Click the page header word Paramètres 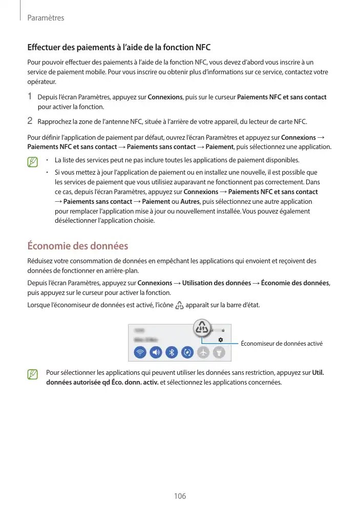(46, 18)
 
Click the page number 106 (180, 496)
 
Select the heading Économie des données (77, 246)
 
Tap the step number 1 (30, 97)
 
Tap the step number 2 (30, 121)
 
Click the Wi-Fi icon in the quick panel (140, 352)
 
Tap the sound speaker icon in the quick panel (156, 352)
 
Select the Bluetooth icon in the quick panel (173, 352)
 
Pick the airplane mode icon (203, 352)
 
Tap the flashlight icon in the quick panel (219, 352)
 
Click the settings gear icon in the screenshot (220, 339)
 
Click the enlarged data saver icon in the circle (203, 327)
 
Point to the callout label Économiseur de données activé (281, 343)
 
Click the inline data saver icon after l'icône (179, 306)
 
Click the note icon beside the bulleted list (33, 163)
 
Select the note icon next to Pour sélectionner (33, 376)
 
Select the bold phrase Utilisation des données (217, 283)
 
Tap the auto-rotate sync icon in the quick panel (188, 352)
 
